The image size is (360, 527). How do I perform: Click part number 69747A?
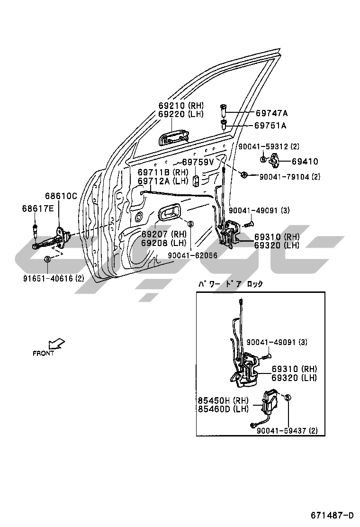(x=271, y=113)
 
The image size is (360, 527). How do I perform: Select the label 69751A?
(x=270, y=126)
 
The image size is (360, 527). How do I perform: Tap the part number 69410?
(x=305, y=161)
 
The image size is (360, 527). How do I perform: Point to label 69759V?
(x=198, y=162)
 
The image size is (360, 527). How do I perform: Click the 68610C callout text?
(x=61, y=196)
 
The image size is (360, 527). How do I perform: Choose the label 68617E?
(x=38, y=209)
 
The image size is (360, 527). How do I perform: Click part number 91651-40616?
(x=48, y=278)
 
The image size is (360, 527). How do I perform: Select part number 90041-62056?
(x=192, y=255)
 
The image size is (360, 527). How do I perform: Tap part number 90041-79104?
(x=284, y=176)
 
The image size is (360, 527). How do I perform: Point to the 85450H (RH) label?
(x=223, y=400)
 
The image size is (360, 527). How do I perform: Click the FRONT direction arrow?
(x=56, y=344)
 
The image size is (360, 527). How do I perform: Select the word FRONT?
(x=43, y=354)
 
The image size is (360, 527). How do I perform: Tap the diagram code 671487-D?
(x=332, y=515)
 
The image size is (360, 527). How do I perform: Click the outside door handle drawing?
(x=174, y=138)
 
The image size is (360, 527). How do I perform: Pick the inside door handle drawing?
(x=169, y=212)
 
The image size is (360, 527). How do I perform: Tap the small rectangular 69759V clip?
(x=196, y=181)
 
